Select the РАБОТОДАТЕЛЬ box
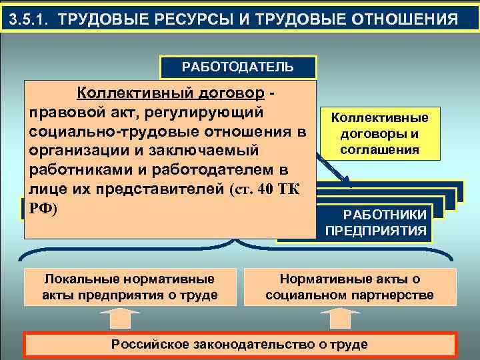[x=237, y=67]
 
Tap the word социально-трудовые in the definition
[x=100, y=131]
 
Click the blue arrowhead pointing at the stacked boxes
[x=347, y=178]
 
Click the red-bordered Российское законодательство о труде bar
[x=239, y=344]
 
